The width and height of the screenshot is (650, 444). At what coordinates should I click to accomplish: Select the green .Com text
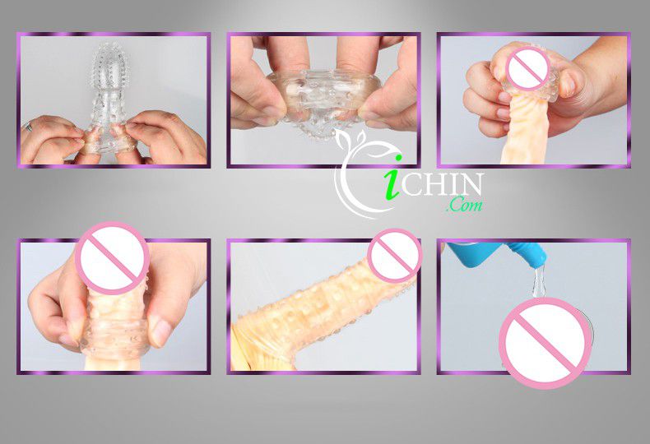[464, 204]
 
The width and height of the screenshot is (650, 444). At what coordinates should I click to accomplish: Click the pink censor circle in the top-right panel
[528, 68]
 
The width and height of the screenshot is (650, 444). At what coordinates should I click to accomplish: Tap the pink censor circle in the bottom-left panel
[113, 258]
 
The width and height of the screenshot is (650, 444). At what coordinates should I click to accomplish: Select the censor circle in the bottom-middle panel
[394, 256]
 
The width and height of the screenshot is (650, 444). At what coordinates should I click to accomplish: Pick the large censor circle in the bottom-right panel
[546, 343]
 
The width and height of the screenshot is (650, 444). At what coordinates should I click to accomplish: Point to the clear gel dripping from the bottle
[538, 281]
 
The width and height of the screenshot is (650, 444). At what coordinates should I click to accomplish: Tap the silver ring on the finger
[29, 127]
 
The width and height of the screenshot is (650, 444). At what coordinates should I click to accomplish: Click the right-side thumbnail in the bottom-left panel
[160, 331]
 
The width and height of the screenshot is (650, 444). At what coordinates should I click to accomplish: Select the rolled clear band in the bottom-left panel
[115, 339]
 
